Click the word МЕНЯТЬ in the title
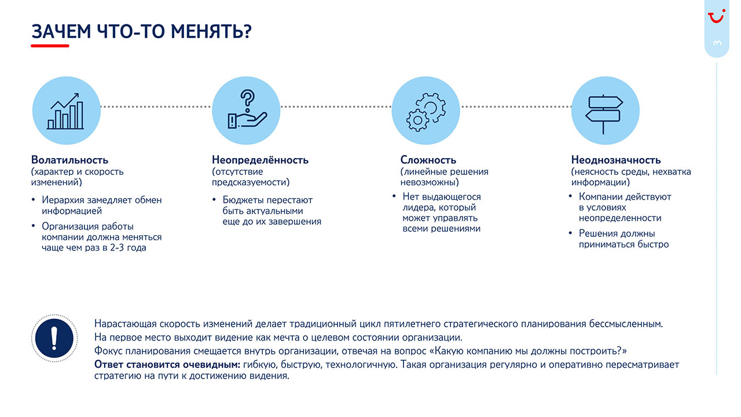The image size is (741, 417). tap(211, 31)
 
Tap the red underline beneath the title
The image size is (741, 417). tap(50, 46)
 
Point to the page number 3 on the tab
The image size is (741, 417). tap(717, 43)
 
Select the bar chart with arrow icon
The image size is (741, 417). tap(65, 111)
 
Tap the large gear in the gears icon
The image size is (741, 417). tap(431, 107)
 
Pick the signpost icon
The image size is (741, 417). tap(604, 114)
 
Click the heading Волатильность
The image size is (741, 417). tap(69, 160)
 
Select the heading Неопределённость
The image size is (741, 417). tap(260, 160)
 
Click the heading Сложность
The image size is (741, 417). tap(428, 160)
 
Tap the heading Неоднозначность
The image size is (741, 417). tap(616, 160)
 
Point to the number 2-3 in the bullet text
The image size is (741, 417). tap(117, 247)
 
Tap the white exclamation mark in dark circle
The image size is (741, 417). tap(54, 338)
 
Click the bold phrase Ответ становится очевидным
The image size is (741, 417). tap(167, 364)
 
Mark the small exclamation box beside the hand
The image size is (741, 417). tap(232, 121)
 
